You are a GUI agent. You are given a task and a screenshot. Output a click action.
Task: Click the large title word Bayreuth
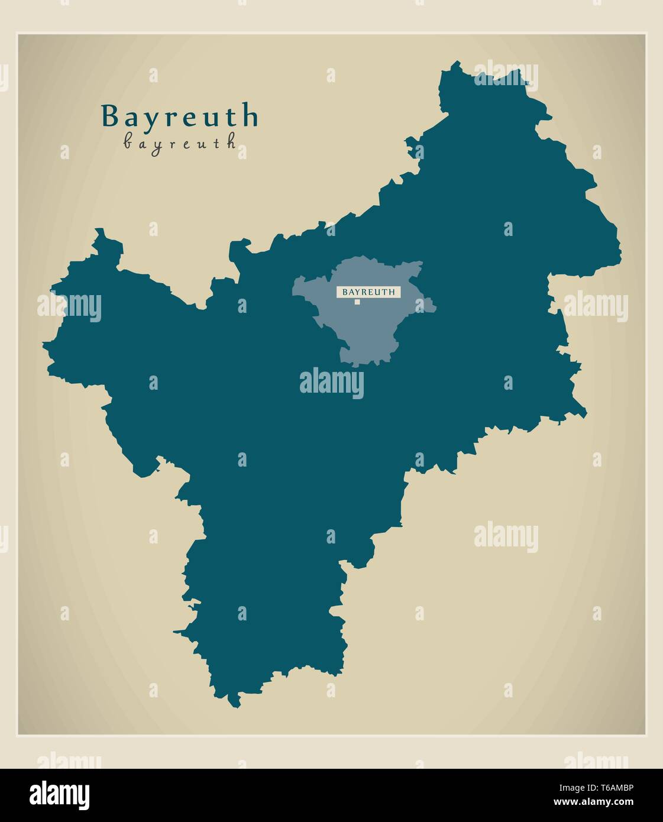[x=180, y=116]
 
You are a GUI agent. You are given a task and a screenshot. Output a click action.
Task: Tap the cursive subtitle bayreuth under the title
[x=180, y=143]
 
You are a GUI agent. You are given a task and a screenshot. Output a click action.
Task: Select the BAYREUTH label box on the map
[x=369, y=292]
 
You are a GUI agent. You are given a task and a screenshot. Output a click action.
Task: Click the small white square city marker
[x=357, y=302]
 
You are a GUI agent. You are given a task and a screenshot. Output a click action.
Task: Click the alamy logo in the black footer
[x=60, y=795]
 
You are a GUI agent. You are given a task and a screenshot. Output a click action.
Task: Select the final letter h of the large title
[x=251, y=116]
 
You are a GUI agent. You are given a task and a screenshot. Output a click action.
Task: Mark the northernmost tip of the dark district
[x=456, y=62]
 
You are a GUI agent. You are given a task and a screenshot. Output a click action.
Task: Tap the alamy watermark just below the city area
[x=331, y=382]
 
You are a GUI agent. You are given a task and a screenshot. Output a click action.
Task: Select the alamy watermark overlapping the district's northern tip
[x=506, y=75]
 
